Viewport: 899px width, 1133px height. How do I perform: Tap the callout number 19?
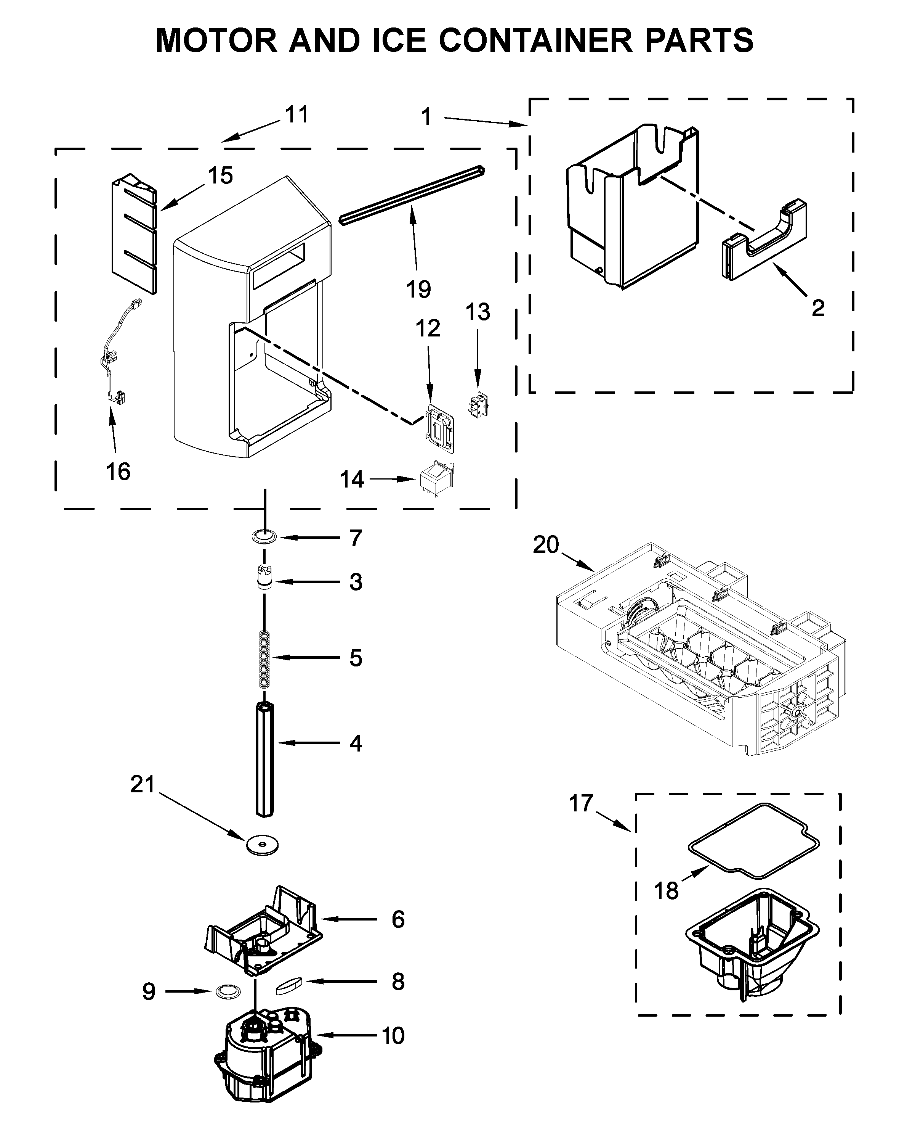click(x=418, y=289)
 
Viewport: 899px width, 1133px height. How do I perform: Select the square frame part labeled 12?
click(x=439, y=428)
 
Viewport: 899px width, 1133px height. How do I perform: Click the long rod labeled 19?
click(x=412, y=195)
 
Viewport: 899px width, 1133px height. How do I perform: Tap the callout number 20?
click(x=546, y=545)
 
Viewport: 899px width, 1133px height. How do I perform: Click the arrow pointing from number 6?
click(x=349, y=919)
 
